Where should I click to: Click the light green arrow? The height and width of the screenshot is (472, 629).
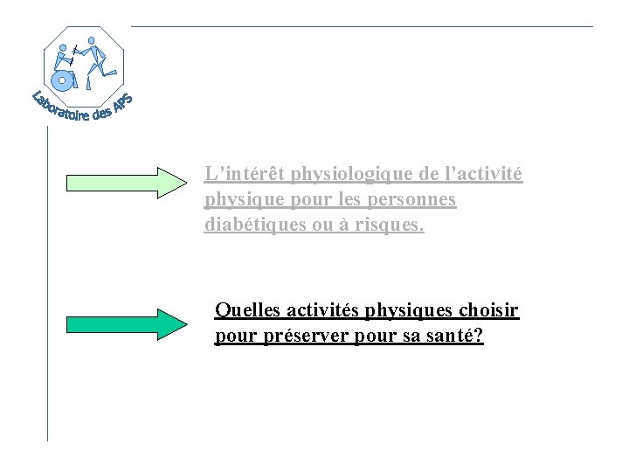click(x=127, y=182)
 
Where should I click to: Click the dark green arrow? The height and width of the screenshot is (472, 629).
click(x=127, y=323)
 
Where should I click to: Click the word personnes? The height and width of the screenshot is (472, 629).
click(x=412, y=199)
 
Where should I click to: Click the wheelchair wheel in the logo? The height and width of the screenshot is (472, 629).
click(x=62, y=80)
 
